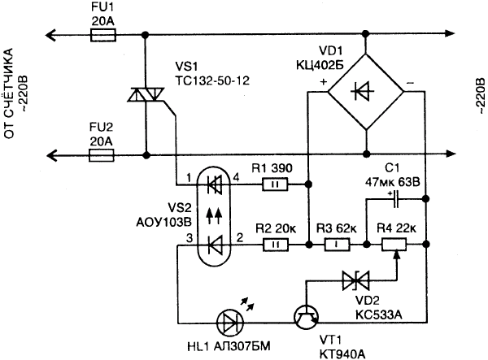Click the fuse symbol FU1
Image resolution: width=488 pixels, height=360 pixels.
coord(103,35)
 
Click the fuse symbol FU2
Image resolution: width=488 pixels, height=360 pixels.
coord(102,155)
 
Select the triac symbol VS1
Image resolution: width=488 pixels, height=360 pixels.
coord(146,94)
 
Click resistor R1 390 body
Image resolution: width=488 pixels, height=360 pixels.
coord(276,184)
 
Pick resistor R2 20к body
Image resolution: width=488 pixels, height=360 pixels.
coord(276,245)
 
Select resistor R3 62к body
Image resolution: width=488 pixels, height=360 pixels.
coord(337,245)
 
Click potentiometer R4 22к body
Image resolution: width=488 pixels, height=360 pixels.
coord(394,245)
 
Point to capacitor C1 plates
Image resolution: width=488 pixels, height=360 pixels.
coord(395,199)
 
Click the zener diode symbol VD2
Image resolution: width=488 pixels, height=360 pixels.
coord(355,280)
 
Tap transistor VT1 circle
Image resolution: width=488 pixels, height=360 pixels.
coord(307,318)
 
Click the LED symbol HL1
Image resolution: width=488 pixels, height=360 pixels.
coord(230,323)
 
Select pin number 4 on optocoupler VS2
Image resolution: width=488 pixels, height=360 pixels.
coord(237,178)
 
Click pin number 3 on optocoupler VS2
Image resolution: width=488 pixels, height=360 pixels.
coord(190,238)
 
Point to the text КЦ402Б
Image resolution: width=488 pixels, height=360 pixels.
coord(320,65)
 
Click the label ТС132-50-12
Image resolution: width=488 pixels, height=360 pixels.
coord(212,80)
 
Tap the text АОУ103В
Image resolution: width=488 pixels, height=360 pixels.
coord(164,223)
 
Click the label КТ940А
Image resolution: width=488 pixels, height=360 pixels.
coord(342,353)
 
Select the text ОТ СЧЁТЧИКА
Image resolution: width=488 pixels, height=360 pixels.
coord(9,93)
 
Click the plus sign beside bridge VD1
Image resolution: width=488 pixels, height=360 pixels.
coord(324,82)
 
